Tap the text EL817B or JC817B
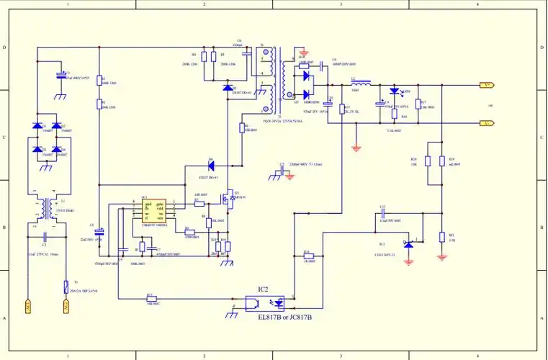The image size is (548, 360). point(286,318)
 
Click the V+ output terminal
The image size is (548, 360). point(487,85)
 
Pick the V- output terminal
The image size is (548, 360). point(487,123)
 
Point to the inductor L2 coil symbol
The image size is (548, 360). point(360,84)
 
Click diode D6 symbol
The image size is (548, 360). point(212,166)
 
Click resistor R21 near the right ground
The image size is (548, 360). point(441,237)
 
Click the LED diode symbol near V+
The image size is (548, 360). point(393,91)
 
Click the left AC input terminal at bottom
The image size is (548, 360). point(28,306)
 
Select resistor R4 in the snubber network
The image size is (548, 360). point(204,57)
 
